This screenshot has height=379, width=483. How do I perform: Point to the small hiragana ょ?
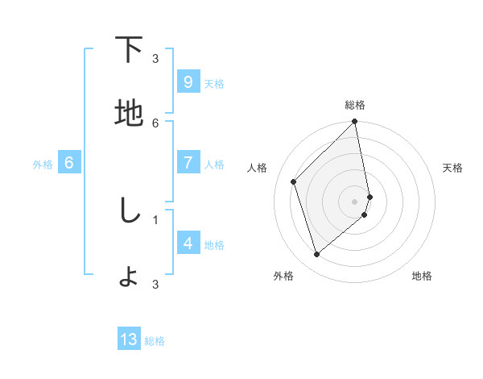[x=129, y=277]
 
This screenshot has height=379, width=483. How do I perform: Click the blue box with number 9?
[x=188, y=82]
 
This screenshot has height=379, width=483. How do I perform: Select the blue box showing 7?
[x=188, y=163]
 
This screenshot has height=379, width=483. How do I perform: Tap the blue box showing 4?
[x=188, y=244]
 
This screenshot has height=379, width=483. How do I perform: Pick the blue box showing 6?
[x=69, y=163]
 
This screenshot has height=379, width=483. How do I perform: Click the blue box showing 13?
[x=129, y=339]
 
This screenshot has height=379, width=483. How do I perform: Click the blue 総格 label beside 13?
[x=155, y=341]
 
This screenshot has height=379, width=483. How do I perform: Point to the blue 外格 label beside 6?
[x=43, y=165]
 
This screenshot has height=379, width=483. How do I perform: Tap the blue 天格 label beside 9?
[x=214, y=84]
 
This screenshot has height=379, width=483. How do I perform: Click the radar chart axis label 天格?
[x=453, y=168]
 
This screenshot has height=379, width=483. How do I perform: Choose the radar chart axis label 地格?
[x=422, y=276]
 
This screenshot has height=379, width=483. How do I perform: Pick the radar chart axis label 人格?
[x=258, y=168]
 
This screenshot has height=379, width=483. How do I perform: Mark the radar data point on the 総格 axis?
[x=355, y=122]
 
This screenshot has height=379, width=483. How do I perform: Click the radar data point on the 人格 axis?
[x=294, y=181]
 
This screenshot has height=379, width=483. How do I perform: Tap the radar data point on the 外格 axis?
[x=316, y=255]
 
